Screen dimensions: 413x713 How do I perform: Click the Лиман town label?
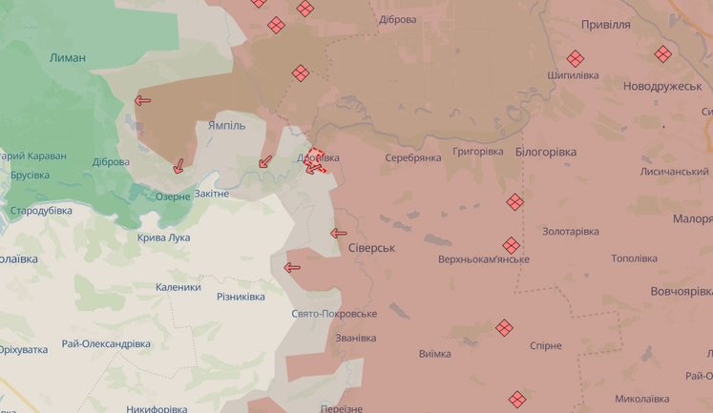pyautogui.click(x=67, y=57)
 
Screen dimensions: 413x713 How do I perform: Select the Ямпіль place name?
pyautogui.click(x=226, y=125)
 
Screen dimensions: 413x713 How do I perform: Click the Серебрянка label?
pyautogui.click(x=413, y=157)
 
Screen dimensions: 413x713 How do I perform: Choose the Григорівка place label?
pyautogui.click(x=478, y=152)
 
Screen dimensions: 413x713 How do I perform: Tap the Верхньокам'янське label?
pyautogui.click(x=484, y=259)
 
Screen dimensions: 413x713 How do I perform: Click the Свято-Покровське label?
pyautogui.click(x=334, y=314)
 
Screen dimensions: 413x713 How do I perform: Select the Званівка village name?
pyautogui.click(x=355, y=338)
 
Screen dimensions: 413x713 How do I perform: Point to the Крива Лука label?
pyautogui.click(x=163, y=237)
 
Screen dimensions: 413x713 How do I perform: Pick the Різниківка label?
pyautogui.click(x=241, y=297)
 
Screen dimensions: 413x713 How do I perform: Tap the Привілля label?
pyautogui.click(x=605, y=25)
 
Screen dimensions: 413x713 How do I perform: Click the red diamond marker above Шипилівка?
pyautogui.click(x=575, y=58)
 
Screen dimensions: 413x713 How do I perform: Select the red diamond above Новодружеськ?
pyautogui.click(x=662, y=54)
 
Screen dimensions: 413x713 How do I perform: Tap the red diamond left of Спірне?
pyautogui.click(x=505, y=328)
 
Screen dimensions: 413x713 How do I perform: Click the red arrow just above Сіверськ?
pyautogui.click(x=338, y=233)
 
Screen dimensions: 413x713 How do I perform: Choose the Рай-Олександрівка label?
pyautogui.click(x=105, y=343)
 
